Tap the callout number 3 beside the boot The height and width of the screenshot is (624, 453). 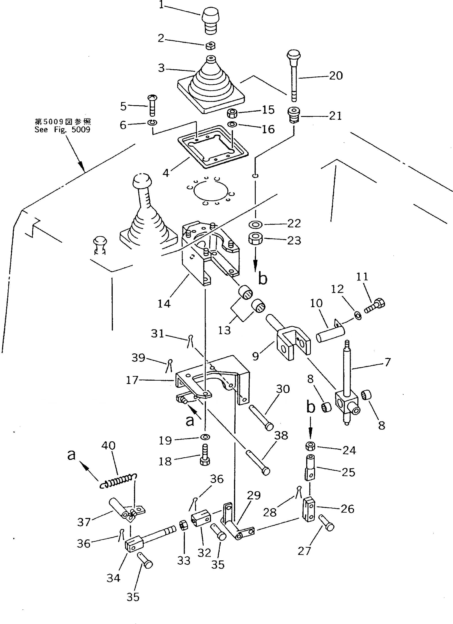[x=162, y=68]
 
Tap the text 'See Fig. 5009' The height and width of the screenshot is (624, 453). [x=62, y=130]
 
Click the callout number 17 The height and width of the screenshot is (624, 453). [x=132, y=380]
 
